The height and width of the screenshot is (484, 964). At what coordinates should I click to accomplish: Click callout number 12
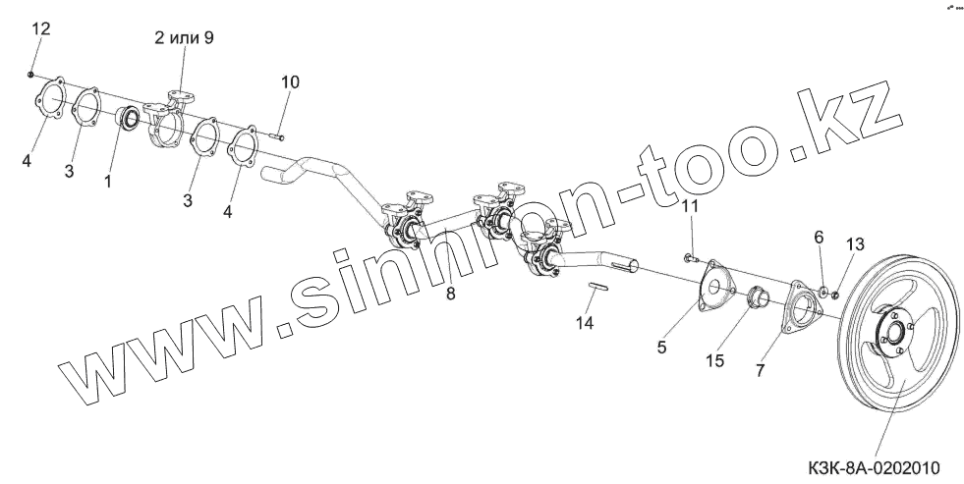pyautogui.click(x=39, y=28)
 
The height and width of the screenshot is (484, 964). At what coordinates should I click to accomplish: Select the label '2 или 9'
pyautogui.click(x=184, y=38)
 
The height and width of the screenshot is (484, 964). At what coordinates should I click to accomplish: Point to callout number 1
pyautogui.click(x=109, y=182)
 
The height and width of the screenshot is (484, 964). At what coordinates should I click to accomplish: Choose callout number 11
pyautogui.click(x=690, y=206)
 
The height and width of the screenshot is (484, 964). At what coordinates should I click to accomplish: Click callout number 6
pyautogui.click(x=818, y=237)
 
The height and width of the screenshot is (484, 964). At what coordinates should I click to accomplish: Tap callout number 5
pyautogui.click(x=662, y=346)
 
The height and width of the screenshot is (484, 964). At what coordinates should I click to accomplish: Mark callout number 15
pyautogui.click(x=714, y=360)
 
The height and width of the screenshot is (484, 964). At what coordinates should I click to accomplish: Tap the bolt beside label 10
pyautogui.click(x=275, y=136)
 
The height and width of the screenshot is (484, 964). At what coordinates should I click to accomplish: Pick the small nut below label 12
pyautogui.click(x=32, y=74)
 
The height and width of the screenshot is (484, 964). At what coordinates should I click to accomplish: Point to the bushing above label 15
pyautogui.click(x=760, y=297)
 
